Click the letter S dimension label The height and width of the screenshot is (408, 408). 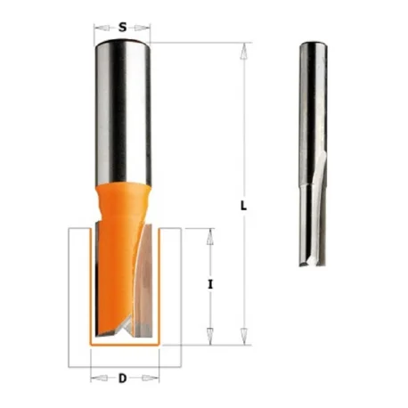coord(122,28)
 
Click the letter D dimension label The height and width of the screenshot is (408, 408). coord(122,378)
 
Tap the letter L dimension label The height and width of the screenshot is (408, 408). coord(243,206)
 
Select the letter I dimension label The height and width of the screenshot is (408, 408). coord(210,285)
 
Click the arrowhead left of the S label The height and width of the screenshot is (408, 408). coord(102,28)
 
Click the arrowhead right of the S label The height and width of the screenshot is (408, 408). coord(143,28)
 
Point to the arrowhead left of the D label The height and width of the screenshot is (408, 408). coord(99,378)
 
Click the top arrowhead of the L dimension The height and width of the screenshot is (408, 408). coord(244,52)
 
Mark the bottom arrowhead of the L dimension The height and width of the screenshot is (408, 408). coord(244,337)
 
